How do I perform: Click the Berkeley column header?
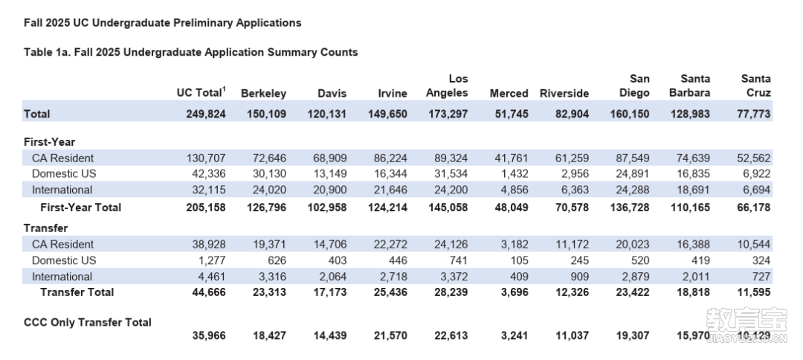263,94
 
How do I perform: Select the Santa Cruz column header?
756,86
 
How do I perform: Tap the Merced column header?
509,94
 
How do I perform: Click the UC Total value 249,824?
205,114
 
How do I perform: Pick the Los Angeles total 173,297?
447,114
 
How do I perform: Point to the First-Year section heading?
49,142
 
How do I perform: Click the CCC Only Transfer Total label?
88,323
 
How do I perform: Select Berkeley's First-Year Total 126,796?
265,208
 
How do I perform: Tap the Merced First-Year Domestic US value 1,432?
515,173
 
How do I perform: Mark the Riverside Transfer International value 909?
579,277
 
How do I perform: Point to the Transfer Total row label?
77,292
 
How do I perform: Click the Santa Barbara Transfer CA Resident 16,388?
693,244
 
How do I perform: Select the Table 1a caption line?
191,52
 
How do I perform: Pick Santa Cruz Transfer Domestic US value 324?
761,260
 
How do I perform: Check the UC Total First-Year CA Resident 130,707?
207,158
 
